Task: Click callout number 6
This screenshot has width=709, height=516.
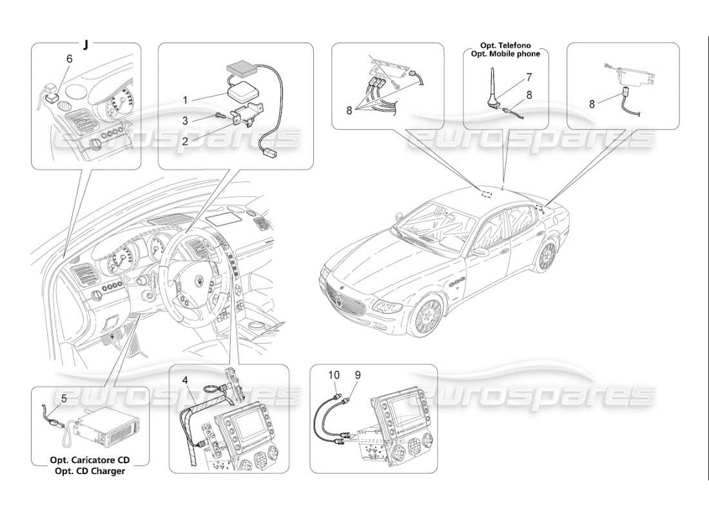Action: [70, 58]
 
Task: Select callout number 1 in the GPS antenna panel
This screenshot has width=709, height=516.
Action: [184, 100]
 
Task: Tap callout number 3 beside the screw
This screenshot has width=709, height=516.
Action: [184, 121]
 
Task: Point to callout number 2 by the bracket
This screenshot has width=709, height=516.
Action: [184, 141]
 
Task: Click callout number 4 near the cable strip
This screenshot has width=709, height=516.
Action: [185, 380]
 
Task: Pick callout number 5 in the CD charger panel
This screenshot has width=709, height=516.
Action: [64, 399]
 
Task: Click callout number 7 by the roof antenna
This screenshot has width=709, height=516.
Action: [529, 77]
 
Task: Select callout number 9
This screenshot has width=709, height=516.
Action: [357, 374]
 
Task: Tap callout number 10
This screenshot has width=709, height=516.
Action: [333, 374]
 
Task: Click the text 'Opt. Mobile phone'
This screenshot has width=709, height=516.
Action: [505, 54]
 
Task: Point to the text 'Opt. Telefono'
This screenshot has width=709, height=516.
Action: [505, 46]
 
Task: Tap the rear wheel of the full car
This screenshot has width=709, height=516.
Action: [547, 256]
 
